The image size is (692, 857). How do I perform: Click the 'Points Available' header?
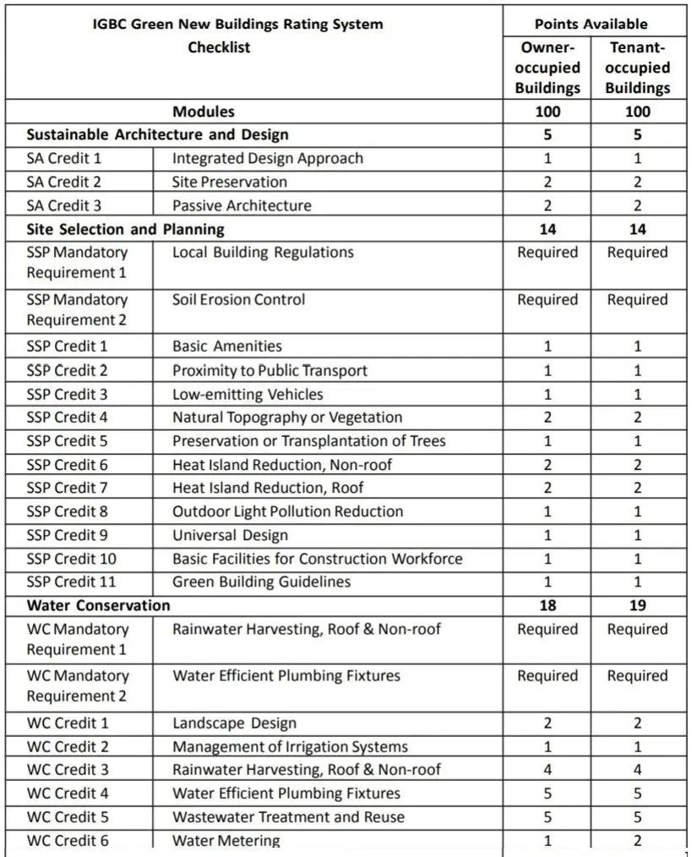591,24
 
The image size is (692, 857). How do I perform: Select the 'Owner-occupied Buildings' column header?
548,68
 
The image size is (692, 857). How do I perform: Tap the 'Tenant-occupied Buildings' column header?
637,68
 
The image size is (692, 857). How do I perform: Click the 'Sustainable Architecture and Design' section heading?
157,134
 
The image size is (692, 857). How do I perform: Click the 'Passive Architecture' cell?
242,205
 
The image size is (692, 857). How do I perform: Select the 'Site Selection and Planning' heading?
125,229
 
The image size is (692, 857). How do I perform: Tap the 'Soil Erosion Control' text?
238,299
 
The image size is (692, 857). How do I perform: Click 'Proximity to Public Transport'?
270,370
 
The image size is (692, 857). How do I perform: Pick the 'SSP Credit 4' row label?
67,417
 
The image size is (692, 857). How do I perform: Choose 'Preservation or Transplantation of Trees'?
308,440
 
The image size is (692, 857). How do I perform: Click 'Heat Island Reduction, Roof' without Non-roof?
268,488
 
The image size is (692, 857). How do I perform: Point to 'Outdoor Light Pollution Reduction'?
287,511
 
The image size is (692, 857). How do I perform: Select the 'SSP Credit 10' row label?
71,559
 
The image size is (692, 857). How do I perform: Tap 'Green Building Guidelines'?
261,581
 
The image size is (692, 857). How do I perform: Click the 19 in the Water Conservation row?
637,605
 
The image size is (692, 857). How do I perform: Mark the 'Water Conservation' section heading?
98,605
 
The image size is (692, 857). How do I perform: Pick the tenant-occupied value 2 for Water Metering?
637,840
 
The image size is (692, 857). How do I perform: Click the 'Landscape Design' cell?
234,723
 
